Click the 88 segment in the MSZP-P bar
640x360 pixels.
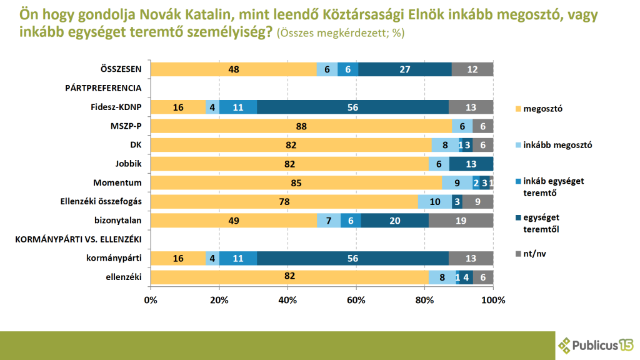[301, 126]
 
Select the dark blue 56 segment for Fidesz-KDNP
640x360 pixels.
[352, 107]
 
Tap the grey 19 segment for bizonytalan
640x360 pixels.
[461, 221]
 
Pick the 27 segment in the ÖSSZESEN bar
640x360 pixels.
[404, 69]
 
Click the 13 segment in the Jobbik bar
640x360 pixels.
[471, 164]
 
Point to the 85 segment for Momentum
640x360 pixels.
[296, 183]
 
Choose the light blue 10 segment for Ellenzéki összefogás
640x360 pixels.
[435, 202]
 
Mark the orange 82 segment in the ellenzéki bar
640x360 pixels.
[289, 277]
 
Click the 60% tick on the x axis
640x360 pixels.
[356, 300]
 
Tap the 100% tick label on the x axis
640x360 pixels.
[493, 300]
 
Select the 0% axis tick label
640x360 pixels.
[151, 300]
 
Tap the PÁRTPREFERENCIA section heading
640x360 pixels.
[103, 88]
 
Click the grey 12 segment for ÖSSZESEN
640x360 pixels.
[472, 69]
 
